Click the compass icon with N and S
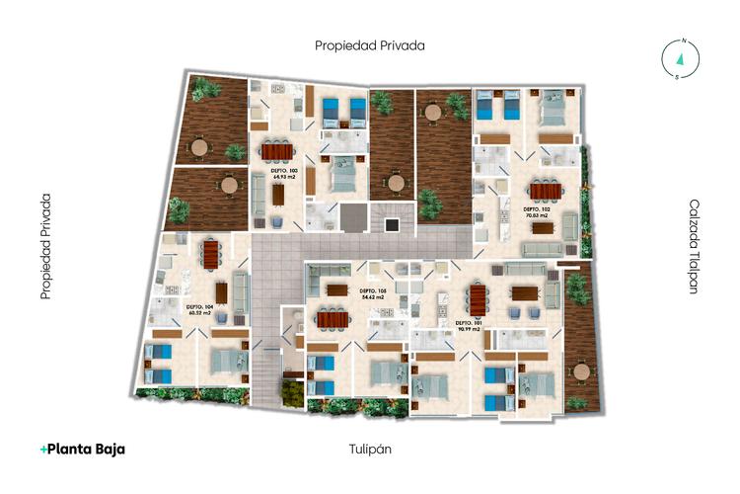click(680, 59)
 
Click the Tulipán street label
click(371, 450)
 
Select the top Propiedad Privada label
click(370, 45)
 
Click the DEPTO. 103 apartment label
click(284, 173)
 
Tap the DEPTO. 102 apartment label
click(537, 213)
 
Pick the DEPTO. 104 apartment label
click(200, 309)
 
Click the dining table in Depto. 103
click(276, 152)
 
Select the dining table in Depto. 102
click(541, 190)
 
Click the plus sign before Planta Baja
click(43, 450)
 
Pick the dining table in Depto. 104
click(210, 255)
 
